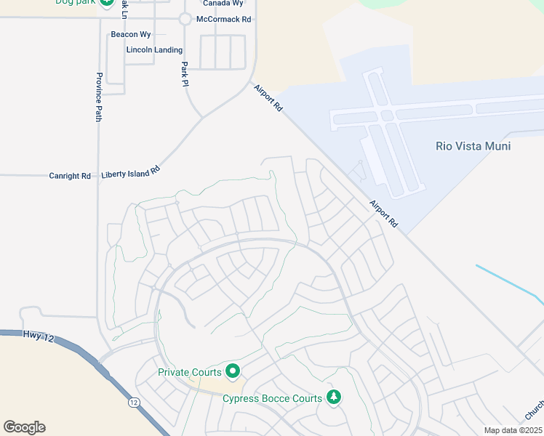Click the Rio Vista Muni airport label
pyautogui.click(x=473, y=146)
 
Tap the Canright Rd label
pyautogui.click(x=70, y=176)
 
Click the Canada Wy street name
pyautogui.click(x=222, y=4)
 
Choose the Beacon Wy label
pyautogui.click(x=130, y=34)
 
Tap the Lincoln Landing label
pyautogui.click(x=154, y=50)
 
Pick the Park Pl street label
pyautogui.click(x=185, y=73)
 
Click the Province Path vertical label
pyautogui.click(x=99, y=97)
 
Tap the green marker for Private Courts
pyautogui.click(x=233, y=372)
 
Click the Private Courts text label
pyautogui.click(x=190, y=373)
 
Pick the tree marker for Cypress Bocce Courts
pyautogui.click(x=333, y=397)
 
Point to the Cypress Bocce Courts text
pyautogui.click(x=272, y=398)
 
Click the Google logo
pyautogui.click(x=24, y=427)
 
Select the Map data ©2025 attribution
pyautogui.click(x=512, y=430)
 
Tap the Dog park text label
pyautogui.click(x=76, y=2)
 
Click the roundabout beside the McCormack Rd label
pyautogui.click(x=185, y=19)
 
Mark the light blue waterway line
pyautogui.click(x=509, y=283)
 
